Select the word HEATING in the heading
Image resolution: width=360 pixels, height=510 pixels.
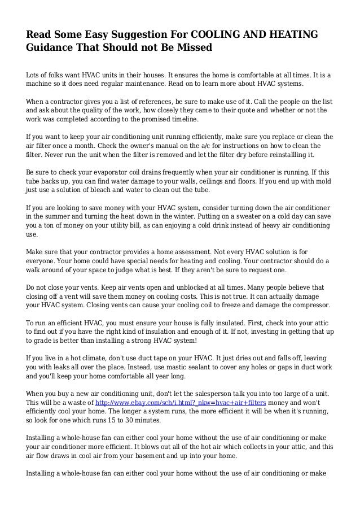(x=291, y=35)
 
